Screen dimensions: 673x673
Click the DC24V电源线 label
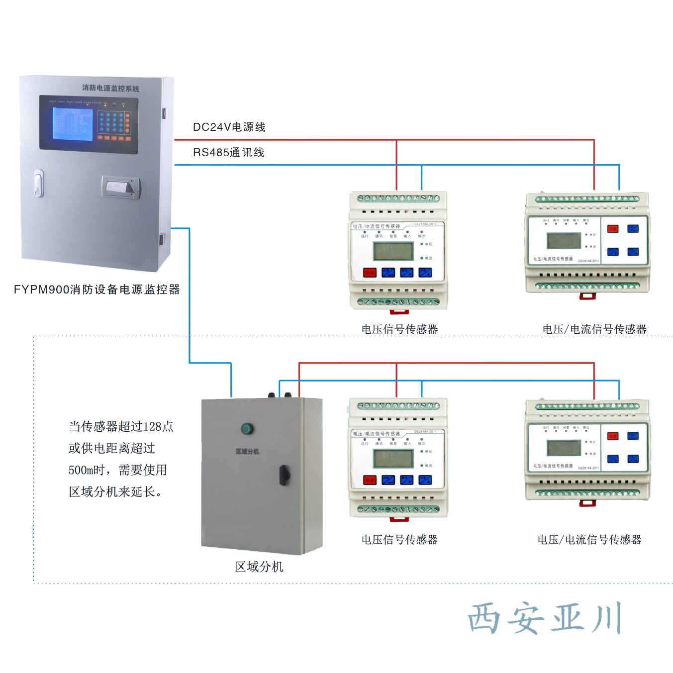coord(229,127)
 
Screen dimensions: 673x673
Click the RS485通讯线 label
coord(228,153)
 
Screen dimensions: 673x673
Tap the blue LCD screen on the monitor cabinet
coord(73,124)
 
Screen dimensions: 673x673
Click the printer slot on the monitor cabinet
coord(120,188)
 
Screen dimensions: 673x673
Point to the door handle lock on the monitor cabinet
coord(39,184)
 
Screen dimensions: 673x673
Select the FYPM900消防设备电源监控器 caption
coord(96,289)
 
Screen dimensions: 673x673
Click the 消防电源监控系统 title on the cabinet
coord(110,88)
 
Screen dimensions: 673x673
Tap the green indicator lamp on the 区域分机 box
coord(247,428)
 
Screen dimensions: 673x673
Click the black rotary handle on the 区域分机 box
coord(284,475)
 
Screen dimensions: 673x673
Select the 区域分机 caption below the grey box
coord(259,567)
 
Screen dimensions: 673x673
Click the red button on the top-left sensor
coord(370,272)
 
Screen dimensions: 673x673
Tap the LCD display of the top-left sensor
coord(393,251)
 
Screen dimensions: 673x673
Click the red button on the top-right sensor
coord(613,229)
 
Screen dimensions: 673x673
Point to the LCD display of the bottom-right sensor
coord(564,448)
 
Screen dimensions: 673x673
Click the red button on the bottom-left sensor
coord(370,480)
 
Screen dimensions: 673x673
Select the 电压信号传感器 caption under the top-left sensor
coord(399,329)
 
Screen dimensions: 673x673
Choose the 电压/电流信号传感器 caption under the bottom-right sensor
coord(589,540)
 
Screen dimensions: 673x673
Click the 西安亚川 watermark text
coord(545,618)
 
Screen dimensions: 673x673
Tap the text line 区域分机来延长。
coord(115,492)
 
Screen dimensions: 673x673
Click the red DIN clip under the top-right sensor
coord(587,296)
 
